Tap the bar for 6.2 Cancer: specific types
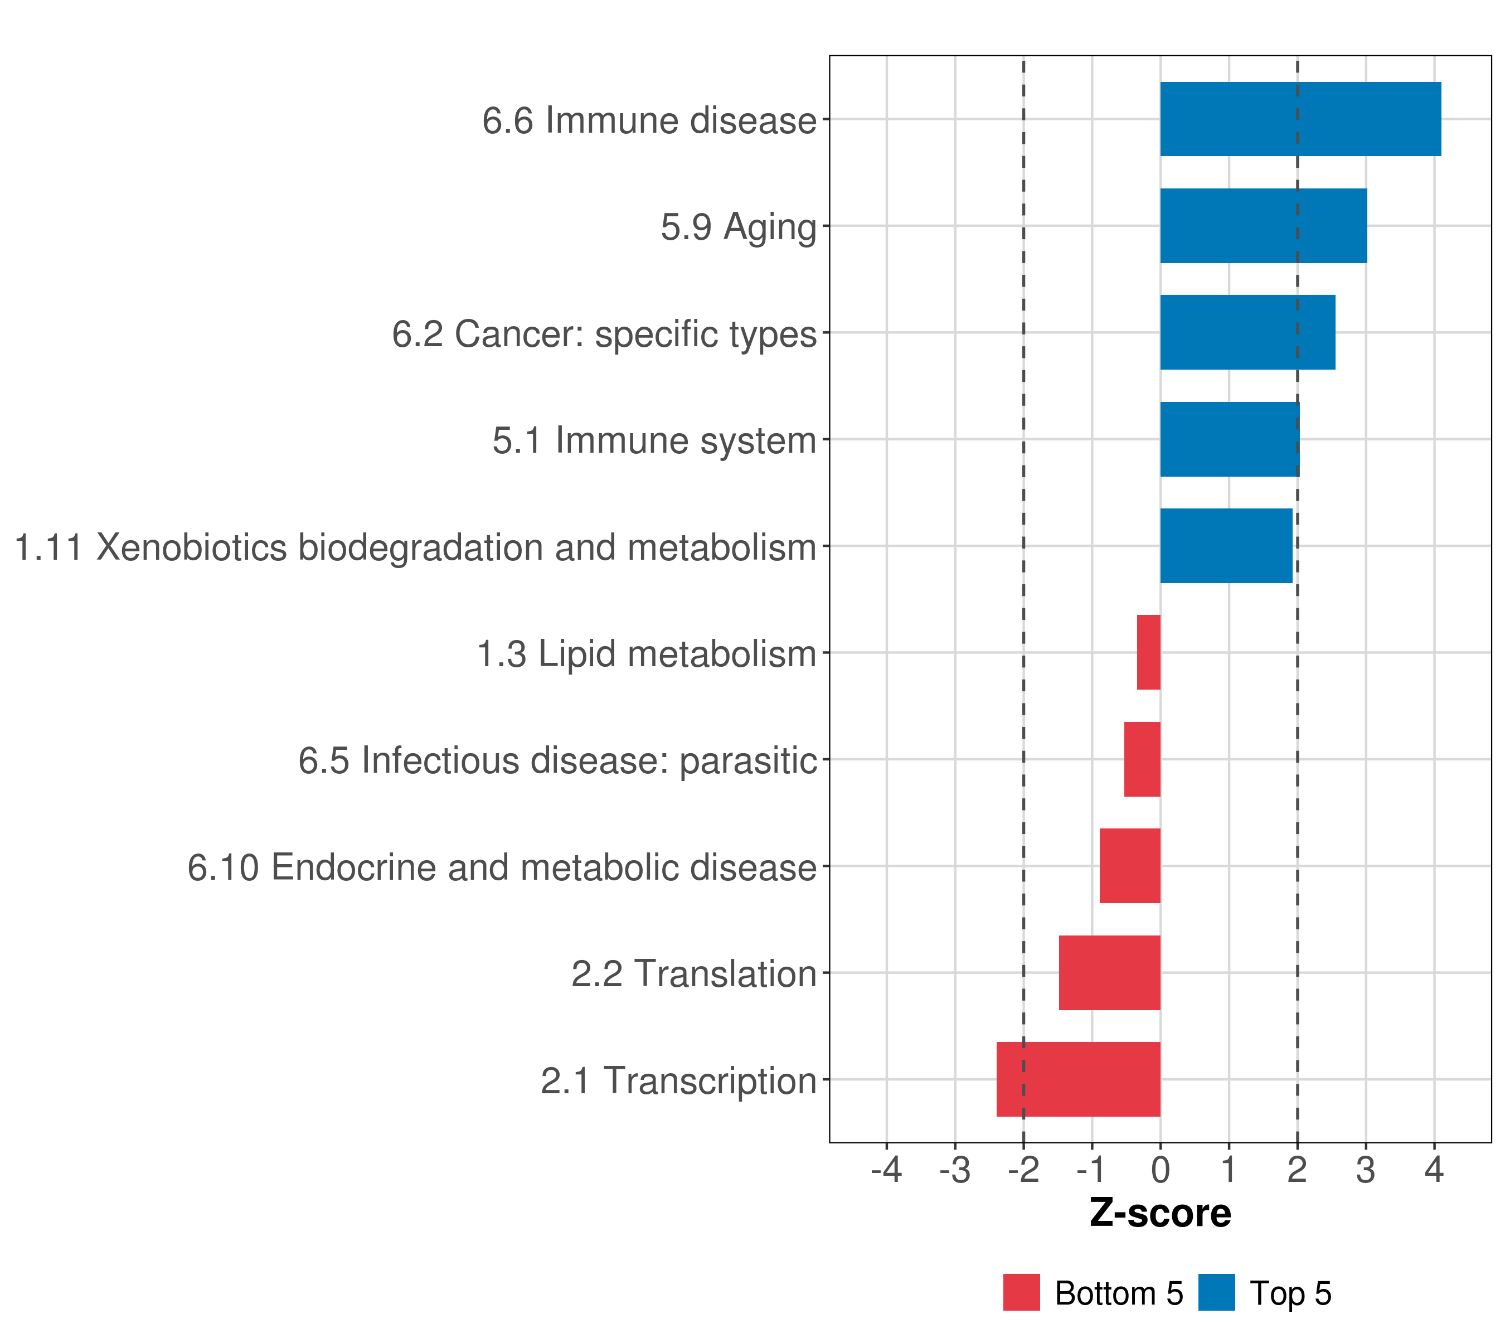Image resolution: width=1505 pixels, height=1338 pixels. click(x=1247, y=333)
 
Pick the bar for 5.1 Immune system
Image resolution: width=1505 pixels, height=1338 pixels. click(x=1230, y=440)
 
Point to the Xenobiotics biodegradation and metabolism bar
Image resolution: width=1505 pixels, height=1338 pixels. click(x=1226, y=546)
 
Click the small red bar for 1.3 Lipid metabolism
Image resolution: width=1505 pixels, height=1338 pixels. click(x=1149, y=652)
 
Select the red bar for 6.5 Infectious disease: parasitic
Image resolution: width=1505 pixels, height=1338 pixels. click(x=1142, y=759)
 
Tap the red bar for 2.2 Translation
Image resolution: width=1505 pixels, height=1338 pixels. click(x=1110, y=973)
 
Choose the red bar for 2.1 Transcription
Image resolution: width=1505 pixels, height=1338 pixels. click(x=1078, y=1079)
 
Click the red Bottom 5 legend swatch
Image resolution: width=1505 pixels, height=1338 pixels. click(x=1021, y=1292)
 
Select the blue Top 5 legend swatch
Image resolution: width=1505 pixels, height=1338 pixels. click(x=1216, y=1292)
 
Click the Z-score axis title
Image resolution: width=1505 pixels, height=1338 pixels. click(x=1161, y=1213)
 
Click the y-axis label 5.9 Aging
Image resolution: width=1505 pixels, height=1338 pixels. click(x=739, y=227)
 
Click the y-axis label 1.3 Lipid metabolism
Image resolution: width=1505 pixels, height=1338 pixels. click(x=647, y=654)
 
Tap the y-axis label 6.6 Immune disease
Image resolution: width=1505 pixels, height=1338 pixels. click(x=649, y=120)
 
